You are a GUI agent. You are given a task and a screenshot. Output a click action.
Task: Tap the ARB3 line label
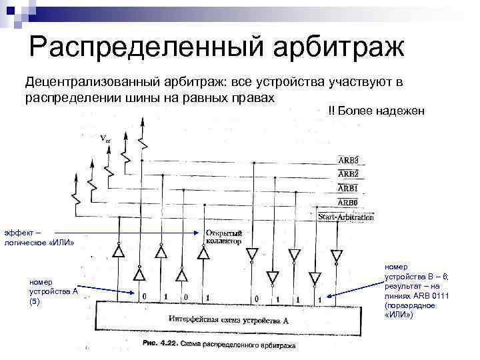pyautogui.click(x=347, y=160)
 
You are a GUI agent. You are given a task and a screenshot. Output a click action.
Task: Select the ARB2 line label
pyautogui.click(x=347, y=174)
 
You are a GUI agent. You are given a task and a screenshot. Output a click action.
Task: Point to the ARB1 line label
pyautogui.click(x=347, y=189)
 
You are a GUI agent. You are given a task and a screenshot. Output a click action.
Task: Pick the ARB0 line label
pyautogui.click(x=347, y=203)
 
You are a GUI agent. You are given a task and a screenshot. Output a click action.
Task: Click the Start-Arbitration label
pyautogui.click(x=345, y=217)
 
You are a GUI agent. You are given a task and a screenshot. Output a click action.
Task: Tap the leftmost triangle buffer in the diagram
pyautogui.click(x=118, y=252)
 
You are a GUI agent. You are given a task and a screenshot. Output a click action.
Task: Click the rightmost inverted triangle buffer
pyautogui.click(x=336, y=255)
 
